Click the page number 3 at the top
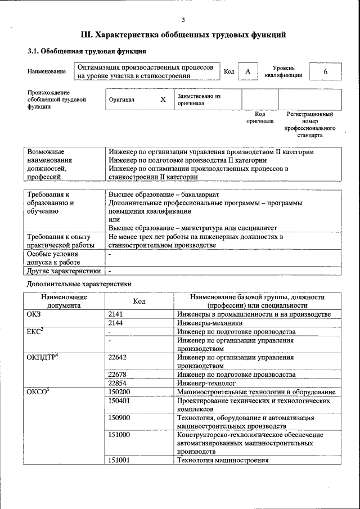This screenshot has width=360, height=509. [183, 20]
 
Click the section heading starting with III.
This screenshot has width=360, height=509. [183, 35]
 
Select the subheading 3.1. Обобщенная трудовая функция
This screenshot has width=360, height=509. [79, 51]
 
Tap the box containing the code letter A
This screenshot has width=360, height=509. [247, 72]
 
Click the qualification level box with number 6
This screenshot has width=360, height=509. [325, 72]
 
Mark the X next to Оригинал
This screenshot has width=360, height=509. [163, 100]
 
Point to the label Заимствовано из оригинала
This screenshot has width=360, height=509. [199, 100]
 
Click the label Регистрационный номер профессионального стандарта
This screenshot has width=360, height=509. [310, 124]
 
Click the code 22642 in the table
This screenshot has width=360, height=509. [119, 357]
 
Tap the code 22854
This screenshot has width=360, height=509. [119, 383]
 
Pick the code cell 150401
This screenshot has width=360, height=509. [120, 401]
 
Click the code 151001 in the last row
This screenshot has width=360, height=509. [120, 460]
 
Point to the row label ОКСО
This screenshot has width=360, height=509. [38, 392]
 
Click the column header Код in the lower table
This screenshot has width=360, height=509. [139, 301]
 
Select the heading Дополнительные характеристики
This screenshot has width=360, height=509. [79, 284]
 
